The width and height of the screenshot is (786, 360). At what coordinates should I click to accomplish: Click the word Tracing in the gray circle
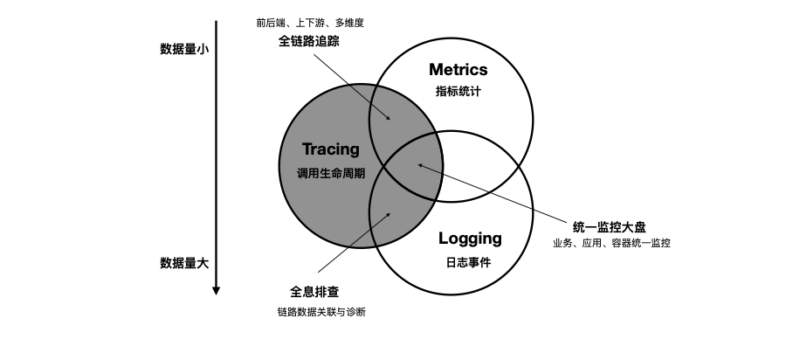coord(330,149)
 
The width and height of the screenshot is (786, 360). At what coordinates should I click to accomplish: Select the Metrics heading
coord(458,70)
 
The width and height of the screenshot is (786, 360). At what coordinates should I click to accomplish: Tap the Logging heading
coord(470,238)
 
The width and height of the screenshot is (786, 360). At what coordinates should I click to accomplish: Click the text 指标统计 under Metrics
coord(458,91)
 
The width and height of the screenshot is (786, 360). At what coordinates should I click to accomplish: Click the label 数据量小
coord(183,49)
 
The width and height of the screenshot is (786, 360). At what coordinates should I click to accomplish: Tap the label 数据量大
coord(183,261)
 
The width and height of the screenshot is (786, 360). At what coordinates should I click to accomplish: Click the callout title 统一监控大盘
coord(610,225)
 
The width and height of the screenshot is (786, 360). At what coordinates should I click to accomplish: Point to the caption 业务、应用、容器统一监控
coord(611,243)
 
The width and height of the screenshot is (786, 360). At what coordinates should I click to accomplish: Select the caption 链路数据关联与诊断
coord(321,312)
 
